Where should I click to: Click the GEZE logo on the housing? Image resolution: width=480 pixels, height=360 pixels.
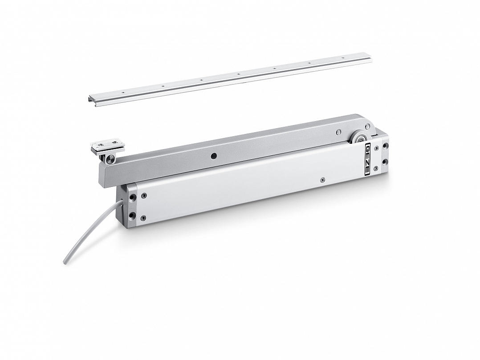click(x=367, y=159)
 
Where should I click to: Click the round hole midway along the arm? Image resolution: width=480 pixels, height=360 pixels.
click(x=214, y=156)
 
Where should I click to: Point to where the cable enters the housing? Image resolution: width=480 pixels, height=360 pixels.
click(x=123, y=200)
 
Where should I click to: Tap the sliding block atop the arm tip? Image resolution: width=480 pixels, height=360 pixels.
click(x=108, y=146)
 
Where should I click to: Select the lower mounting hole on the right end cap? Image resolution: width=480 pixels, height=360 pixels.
click(x=386, y=162)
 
